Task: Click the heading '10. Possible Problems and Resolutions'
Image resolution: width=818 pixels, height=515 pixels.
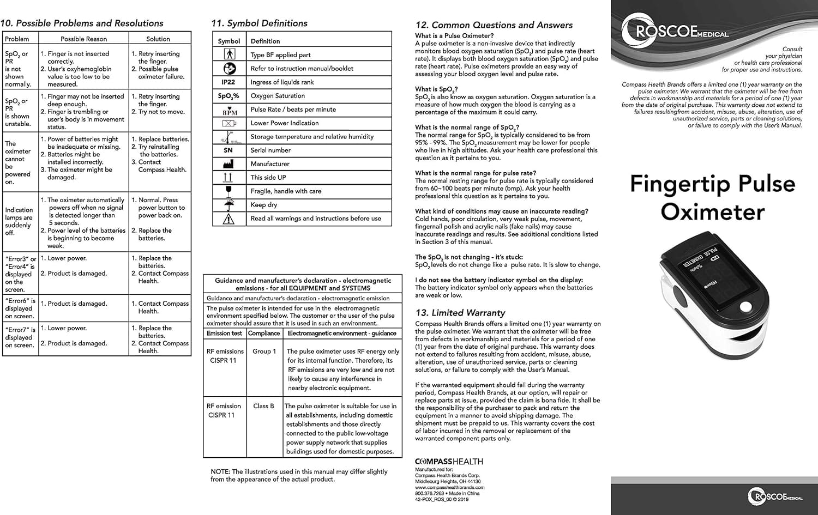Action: coord(82,23)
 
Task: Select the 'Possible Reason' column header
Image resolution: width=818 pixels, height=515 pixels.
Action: coord(83,39)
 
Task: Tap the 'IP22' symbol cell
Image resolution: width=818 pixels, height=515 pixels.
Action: coord(228,82)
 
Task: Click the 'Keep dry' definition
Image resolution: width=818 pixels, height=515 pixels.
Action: coord(264,205)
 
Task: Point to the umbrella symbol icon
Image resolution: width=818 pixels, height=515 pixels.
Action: coord(228,205)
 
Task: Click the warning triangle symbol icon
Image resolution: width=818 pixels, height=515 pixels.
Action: coord(228,219)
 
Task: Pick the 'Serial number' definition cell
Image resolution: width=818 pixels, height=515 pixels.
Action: coord(270,150)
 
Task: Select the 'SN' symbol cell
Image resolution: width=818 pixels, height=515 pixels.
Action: coord(228,150)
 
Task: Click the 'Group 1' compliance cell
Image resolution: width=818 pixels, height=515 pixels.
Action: coord(264,352)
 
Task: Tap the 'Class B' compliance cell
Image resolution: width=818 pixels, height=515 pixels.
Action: coord(264,406)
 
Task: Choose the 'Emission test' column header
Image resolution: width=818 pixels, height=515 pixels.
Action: coord(224,334)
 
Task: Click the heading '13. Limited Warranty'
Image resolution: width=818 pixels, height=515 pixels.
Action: coord(460,313)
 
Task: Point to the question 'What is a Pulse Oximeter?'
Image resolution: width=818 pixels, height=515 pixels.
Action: coord(454,36)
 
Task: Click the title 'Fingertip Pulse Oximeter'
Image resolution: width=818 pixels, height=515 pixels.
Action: coord(713,197)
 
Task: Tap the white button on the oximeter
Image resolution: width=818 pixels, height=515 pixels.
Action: coord(745,306)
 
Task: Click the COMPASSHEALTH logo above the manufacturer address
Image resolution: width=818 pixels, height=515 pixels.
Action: coord(449,462)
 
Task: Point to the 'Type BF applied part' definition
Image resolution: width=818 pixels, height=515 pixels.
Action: coord(280,55)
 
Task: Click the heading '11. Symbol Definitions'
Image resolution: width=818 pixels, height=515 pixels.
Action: coord(259,23)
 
